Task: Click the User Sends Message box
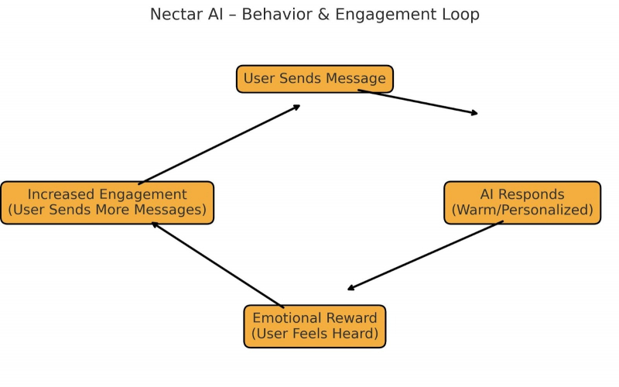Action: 314,79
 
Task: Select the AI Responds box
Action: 522,203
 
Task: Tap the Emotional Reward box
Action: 314,326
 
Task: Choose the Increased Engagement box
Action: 107,203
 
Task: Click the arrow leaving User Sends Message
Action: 418,102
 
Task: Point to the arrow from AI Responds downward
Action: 426,255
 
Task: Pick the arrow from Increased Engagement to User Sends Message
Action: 219,145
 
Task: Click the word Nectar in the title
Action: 175,15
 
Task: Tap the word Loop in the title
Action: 461,15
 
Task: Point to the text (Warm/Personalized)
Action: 522,211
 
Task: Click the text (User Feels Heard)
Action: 314,334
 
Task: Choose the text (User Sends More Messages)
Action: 107,211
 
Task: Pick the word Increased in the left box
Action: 60,195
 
